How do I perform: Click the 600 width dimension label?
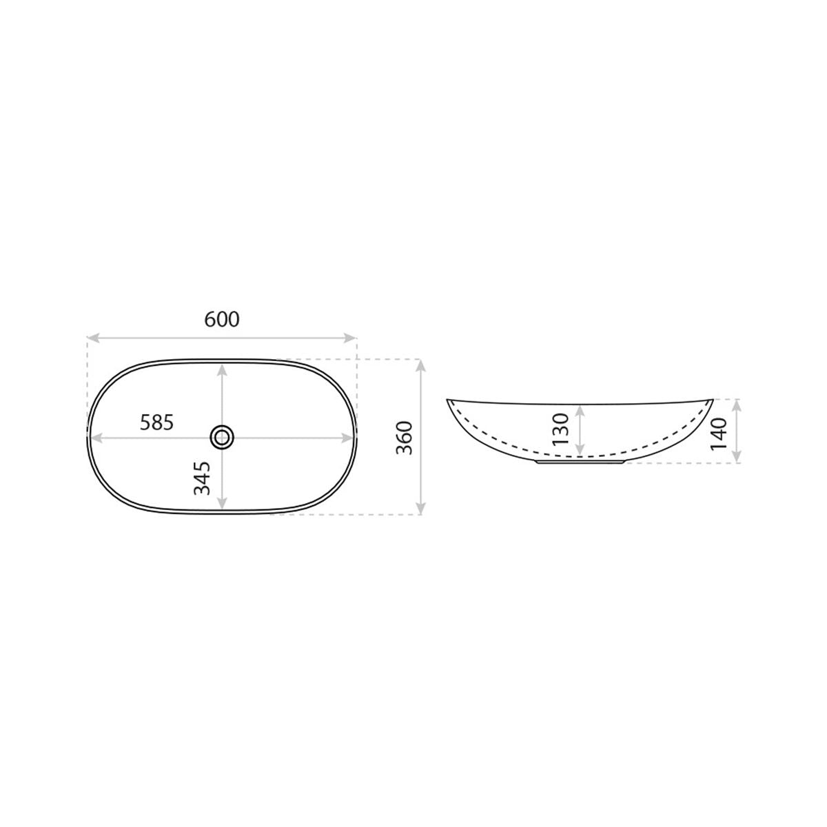[221, 319]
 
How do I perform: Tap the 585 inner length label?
[157, 422]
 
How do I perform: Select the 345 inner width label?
[202, 478]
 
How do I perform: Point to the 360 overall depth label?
[404, 438]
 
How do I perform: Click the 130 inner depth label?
[560, 429]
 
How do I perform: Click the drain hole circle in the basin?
[222, 438]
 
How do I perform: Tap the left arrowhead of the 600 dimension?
[93, 338]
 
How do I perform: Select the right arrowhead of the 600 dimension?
[350, 338]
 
